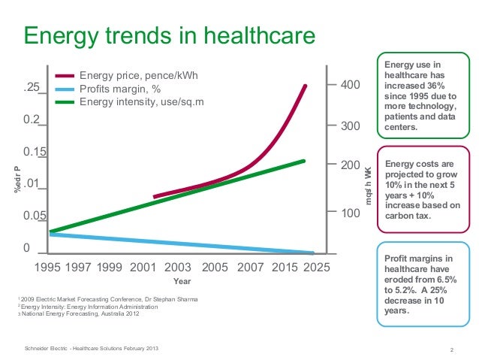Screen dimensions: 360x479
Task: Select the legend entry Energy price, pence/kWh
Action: (x=142, y=76)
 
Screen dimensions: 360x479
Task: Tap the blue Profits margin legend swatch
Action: (x=65, y=89)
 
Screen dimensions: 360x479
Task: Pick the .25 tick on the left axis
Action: (x=31, y=88)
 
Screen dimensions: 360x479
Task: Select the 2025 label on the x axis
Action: (x=315, y=267)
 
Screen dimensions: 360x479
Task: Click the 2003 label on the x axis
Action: (x=177, y=267)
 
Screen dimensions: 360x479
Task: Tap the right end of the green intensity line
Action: (x=304, y=160)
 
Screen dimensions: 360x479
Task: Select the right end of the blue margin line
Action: (x=312, y=253)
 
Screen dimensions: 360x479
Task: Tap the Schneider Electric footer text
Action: (x=92, y=349)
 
